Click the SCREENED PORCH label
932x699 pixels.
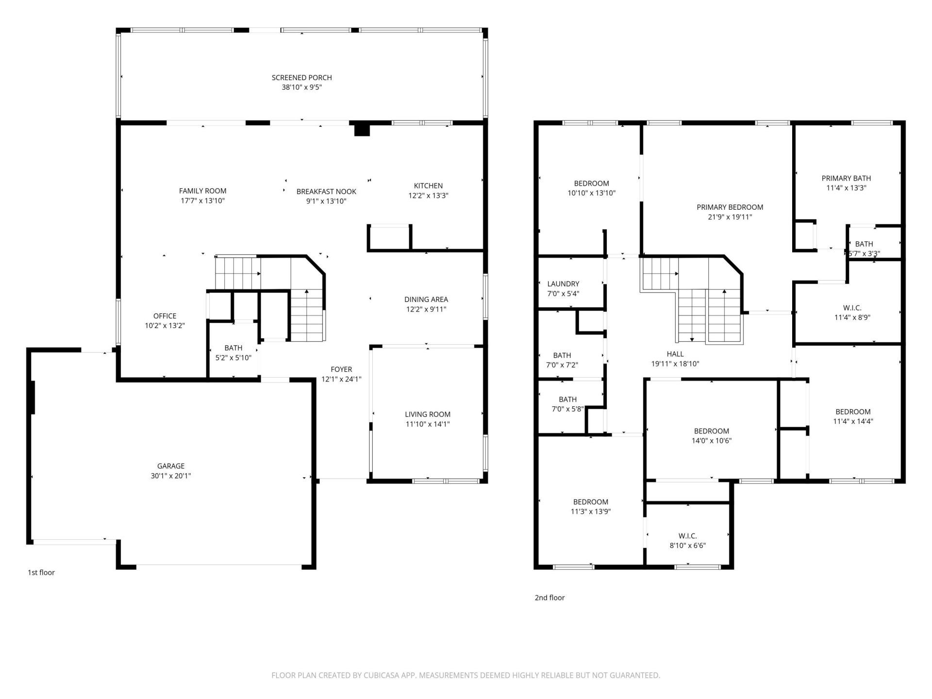point(301,78)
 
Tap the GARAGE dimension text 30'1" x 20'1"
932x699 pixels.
point(170,476)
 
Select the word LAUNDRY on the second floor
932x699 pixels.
point(563,284)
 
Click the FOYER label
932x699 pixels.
point(341,369)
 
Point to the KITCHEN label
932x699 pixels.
point(428,186)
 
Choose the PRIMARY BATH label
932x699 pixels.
point(846,178)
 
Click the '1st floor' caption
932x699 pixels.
point(41,573)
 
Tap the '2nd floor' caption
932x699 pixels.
point(549,598)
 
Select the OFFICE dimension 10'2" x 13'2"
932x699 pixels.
point(165,326)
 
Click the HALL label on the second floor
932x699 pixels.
point(675,354)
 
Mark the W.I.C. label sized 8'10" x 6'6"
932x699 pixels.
point(687,536)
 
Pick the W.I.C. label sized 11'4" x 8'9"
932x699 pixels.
point(852,308)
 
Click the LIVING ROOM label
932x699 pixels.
point(428,415)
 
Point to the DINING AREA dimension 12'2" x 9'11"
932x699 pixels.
point(426,309)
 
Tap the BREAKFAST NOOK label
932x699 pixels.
point(326,192)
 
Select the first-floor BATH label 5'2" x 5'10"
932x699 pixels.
point(233,348)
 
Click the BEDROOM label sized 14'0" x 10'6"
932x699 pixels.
point(711,431)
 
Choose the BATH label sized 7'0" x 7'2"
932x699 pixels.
point(562,355)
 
